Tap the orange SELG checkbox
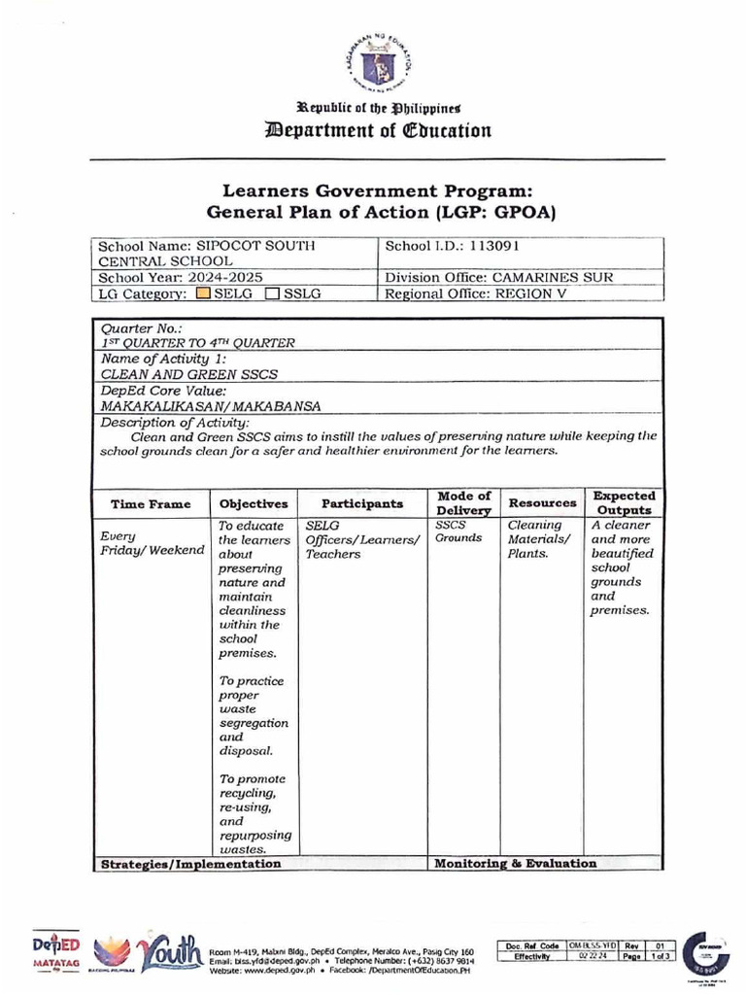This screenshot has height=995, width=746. [x=201, y=293]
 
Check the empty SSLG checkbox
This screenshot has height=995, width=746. [x=273, y=293]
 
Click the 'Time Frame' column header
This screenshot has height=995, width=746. [x=151, y=504]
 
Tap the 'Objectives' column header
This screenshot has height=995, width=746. [x=254, y=504]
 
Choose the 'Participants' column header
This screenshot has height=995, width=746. [x=362, y=504]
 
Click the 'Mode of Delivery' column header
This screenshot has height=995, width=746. [x=463, y=503]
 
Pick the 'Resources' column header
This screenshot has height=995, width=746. [x=542, y=503]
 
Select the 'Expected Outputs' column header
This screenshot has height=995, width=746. [x=624, y=503]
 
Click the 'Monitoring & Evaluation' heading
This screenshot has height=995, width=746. [x=515, y=863]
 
